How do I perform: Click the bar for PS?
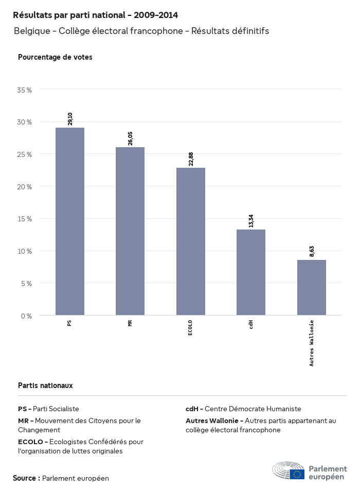click(x=70, y=221)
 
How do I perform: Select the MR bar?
click(x=130, y=231)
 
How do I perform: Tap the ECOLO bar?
click(x=191, y=241)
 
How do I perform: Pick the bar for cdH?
click(x=251, y=272)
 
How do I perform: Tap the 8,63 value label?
click(x=312, y=251)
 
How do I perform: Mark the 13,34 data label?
click(x=251, y=221)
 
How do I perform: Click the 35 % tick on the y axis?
click(x=25, y=90)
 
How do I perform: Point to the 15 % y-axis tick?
click(x=25, y=219)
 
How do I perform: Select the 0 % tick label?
click(x=26, y=315)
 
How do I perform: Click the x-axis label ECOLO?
click(x=190, y=328)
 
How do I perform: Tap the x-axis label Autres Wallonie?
click(x=312, y=343)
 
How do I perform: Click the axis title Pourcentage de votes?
click(x=55, y=57)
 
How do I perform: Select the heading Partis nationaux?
click(x=45, y=385)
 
